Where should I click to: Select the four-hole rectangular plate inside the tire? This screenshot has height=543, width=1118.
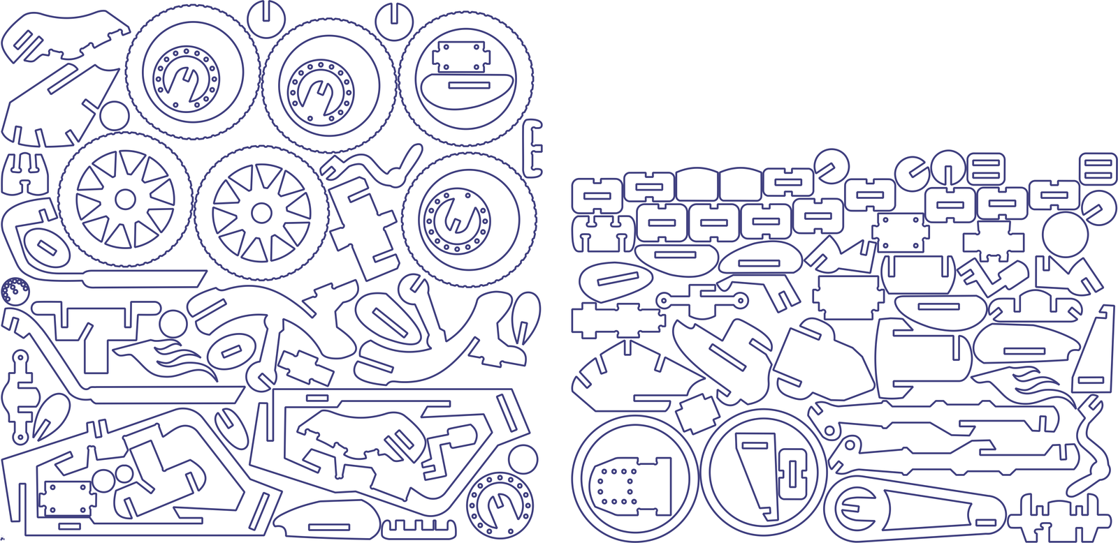point(459,56)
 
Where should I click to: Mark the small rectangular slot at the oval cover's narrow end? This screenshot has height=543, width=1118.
point(986,521)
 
